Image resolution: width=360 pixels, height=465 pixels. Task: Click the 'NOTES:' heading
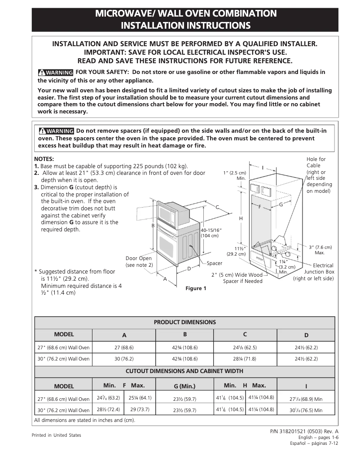[44, 159]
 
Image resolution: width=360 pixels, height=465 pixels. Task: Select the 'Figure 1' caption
[196, 288]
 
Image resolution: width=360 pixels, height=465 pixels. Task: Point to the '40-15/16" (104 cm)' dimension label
[211, 233]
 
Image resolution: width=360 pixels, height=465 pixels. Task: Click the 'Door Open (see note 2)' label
[139, 261]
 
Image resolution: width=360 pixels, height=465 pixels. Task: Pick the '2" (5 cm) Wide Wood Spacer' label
[237, 278]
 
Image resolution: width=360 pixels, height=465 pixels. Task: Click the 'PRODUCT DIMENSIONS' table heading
[185, 322]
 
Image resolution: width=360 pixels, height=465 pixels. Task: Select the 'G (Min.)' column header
[184, 386]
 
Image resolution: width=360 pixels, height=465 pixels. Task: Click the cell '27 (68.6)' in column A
[124, 348]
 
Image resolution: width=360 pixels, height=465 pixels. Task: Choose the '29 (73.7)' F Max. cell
[140, 409]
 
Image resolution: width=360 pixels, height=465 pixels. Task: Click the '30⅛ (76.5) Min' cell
[306, 410]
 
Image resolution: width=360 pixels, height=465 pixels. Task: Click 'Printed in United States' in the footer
[56, 435]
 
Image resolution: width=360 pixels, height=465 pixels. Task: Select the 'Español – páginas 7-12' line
[314, 443]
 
